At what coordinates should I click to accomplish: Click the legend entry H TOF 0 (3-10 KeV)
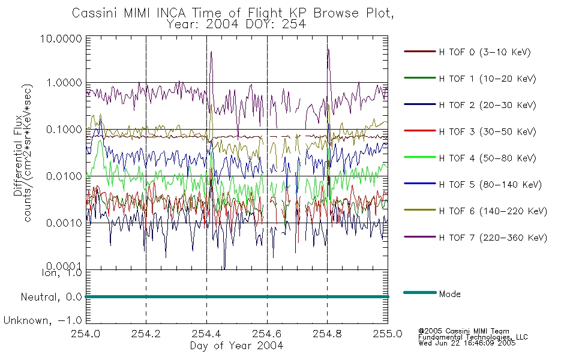[467, 52]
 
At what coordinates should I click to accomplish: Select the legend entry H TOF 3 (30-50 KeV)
[470, 131]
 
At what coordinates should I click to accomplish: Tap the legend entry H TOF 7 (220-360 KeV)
[475, 238]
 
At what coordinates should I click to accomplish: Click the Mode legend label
[449, 294]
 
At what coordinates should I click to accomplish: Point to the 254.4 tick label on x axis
[206, 334]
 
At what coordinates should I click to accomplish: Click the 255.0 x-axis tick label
[388, 334]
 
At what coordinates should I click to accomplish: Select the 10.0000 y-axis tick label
[61, 38]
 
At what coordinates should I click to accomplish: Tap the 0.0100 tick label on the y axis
[64, 176]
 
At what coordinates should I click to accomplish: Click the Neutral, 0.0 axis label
[51, 297]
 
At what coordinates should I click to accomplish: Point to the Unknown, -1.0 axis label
[43, 320]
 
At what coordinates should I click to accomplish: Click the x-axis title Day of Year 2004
[236, 346]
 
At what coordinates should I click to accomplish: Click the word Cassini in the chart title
[95, 13]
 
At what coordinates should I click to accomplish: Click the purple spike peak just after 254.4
[211, 52]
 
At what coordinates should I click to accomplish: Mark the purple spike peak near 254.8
[328, 49]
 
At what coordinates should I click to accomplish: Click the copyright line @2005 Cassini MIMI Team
[463, 331]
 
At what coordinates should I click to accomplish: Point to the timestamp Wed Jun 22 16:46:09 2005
[467, 343]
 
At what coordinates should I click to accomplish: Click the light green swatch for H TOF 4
[419, 157]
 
